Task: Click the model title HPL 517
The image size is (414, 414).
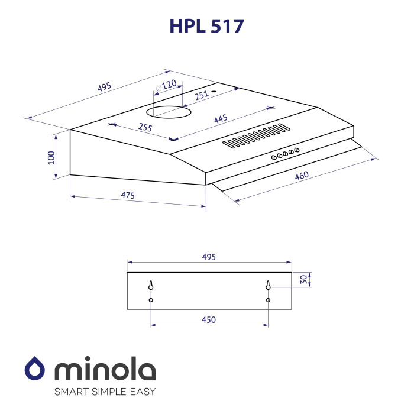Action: click(x=206, y=25)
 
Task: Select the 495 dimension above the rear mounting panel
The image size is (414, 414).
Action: click(x=209, y=257)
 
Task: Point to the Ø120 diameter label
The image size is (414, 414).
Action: click(x=166, y=86)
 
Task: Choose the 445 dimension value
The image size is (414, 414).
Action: click(x=221, y=119)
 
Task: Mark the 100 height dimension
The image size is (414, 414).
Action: click(x=51, y=157)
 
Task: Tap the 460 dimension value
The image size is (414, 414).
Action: click(x=300, y=176)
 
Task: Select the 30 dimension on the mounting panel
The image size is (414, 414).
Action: click(x=303, y=280)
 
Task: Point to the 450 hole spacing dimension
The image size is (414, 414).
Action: click(x=208, y=319)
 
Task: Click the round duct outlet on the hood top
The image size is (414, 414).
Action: click(x=169, y=111)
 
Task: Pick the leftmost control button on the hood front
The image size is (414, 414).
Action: click(x=273, y=157)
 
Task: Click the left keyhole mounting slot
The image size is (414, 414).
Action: click(x=151, y=286)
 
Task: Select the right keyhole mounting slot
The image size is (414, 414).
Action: click(x=268, y=286)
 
